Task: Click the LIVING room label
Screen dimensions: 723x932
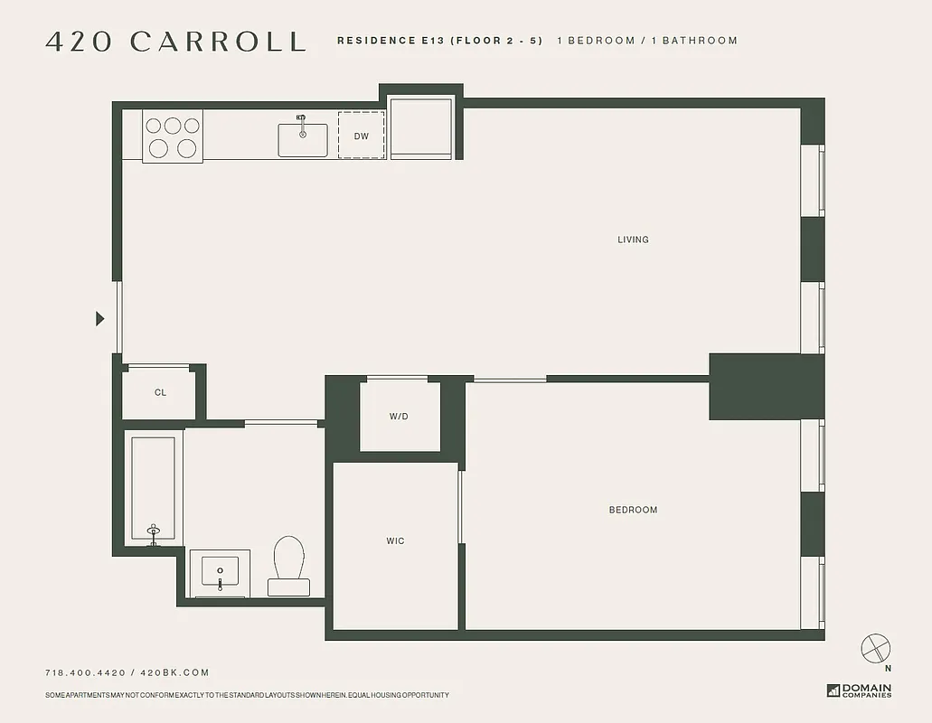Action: pos(633,239)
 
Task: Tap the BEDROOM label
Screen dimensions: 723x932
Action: pos(633,510)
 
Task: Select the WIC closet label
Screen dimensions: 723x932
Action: pos(395,541)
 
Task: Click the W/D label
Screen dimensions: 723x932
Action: pos(399,417)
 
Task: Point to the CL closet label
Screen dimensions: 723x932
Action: pos(160,392)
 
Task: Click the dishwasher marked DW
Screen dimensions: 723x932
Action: pos(362,136)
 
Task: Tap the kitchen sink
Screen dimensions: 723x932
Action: pos(303,138)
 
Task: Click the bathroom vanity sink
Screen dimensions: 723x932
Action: pos(220,573)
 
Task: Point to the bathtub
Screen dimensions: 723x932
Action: pos(153,489)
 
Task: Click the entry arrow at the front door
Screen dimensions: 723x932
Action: pos(100,318)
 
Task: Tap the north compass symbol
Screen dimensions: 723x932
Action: pos(876,648)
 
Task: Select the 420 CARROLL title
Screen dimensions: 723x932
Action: pos(175,42)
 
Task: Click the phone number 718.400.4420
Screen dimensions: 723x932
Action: pos(85,672)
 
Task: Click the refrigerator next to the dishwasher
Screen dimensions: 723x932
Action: pos(420,129)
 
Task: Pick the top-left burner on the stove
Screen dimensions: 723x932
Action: pos(155,126)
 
